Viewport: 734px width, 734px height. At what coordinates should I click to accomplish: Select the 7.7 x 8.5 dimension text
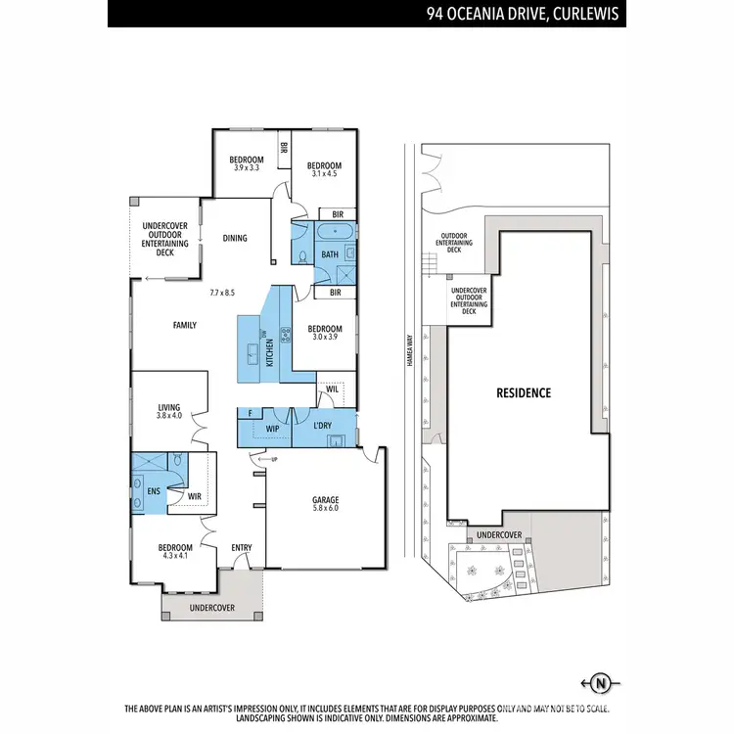(222, 292)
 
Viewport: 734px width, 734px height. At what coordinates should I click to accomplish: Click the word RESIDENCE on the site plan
(523, 392)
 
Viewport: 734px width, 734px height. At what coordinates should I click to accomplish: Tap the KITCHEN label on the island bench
(269, 349)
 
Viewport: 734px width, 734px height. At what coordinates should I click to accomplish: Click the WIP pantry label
(274, 429)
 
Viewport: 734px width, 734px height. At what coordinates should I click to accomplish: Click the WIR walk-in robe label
(194, 495)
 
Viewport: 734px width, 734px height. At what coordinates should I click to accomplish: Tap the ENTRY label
(241, 547)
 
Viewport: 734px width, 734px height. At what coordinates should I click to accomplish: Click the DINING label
(235, 237)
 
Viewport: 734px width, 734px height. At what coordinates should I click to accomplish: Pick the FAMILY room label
(185, 325)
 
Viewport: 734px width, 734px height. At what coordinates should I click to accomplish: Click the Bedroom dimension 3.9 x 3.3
(247, 168)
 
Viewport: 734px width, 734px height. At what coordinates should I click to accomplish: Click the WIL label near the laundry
(332, 390)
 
